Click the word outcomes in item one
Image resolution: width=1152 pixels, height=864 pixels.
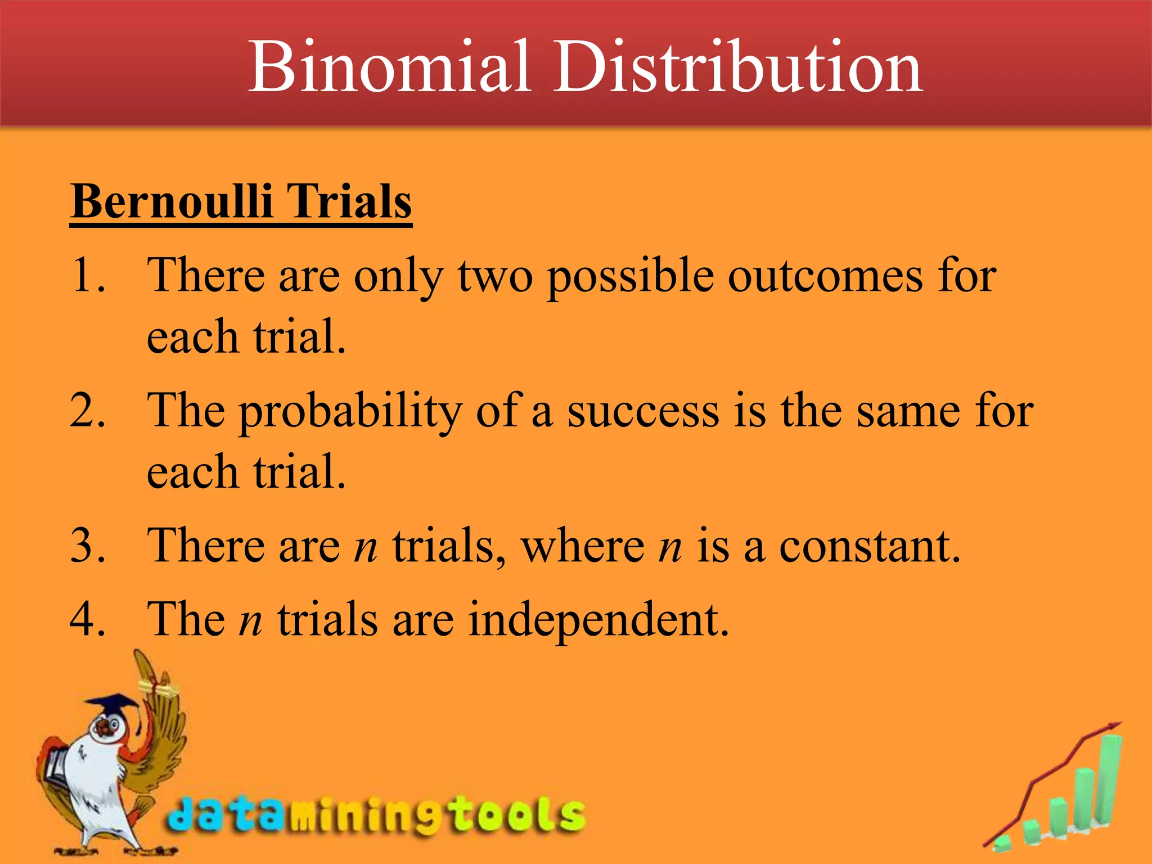(825, 277)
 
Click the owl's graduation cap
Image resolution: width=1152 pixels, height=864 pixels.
(112, 706)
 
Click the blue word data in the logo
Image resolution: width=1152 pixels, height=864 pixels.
(225, 814)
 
